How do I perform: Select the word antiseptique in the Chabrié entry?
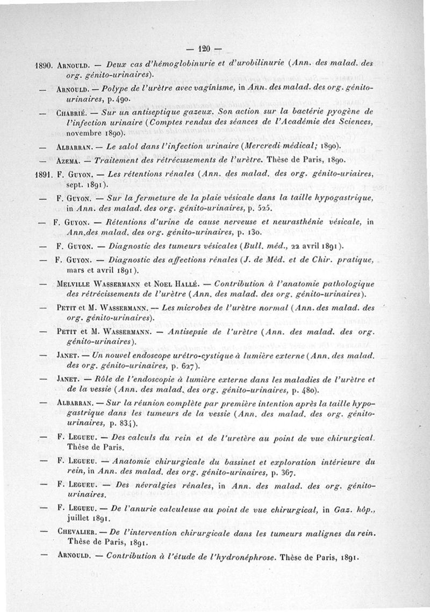tap(152, 114)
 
